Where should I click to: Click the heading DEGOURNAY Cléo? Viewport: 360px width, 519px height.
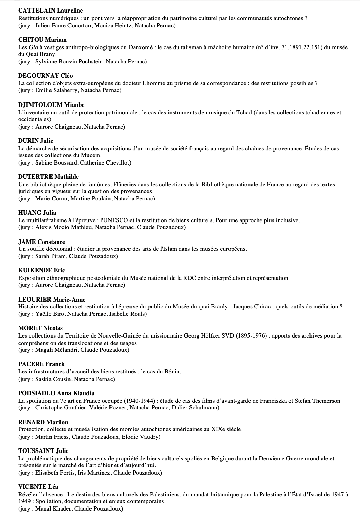(45, 76)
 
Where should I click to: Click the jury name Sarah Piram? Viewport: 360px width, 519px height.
(51, 256)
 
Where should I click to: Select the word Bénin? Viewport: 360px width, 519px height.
(173, 371)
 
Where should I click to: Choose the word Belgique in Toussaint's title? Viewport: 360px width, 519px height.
(224, 458)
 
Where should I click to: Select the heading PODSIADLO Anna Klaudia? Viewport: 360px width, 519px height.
(56, 393)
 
